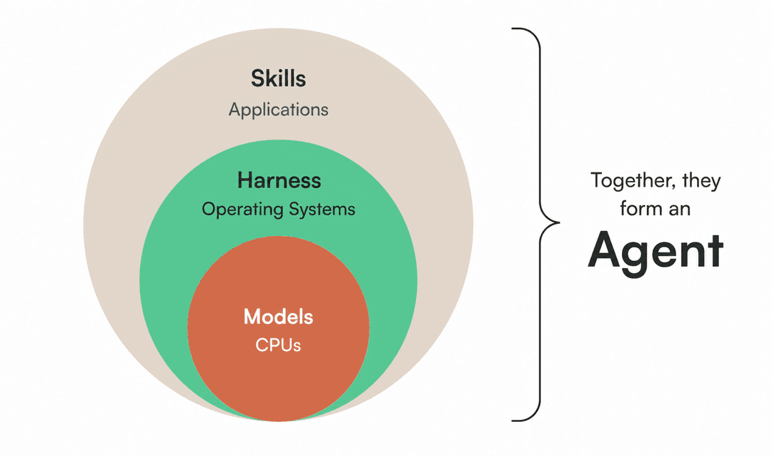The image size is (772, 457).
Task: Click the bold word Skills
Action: pos(278,78)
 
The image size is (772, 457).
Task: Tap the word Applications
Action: pos(278,110)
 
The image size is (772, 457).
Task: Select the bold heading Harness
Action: pos(279,180)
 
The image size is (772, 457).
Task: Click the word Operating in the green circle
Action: pos(242,210)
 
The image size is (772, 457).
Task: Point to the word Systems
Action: pos(322,209)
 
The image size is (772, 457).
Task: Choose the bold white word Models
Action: pos(278,317)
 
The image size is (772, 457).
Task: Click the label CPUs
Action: pos(278,345)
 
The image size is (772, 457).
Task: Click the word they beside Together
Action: pos(701,181)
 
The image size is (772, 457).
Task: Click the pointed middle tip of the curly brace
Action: pos(559,222)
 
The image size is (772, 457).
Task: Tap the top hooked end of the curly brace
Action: pos(513,29)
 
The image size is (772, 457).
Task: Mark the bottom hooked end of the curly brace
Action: pos(513,421)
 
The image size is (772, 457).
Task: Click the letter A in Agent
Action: pos(605,250)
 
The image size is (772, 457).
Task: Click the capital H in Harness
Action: pos(245,180)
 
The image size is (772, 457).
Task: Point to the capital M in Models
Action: pos(254,317)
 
